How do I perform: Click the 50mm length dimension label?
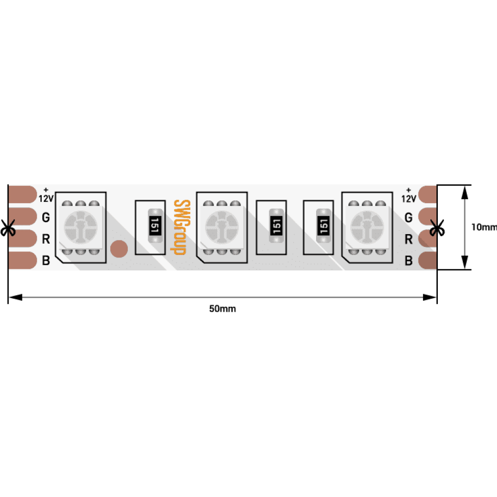tap(223, 309)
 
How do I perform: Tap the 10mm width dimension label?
tap(484, 227)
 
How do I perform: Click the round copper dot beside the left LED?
tap(119, 249)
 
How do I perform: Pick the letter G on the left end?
tap(46, 218)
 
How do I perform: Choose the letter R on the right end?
tap(409, 240)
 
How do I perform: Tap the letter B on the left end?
tap(46, 260)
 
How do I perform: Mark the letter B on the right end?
tap(409, 260)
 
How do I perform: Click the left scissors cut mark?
tap(7, 228)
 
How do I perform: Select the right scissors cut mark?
tap(437, 228)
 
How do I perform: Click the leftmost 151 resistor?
tap(155, 226)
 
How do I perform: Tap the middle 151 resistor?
tap(276, 226)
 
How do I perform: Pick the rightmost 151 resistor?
tap(324, 226)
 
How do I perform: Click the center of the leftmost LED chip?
tap(81, 227)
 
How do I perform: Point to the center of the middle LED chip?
tap(222, 227)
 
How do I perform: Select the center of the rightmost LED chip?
tap(367, 227)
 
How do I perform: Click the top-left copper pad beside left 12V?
tap(22, 194)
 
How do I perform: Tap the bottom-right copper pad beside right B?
tap(428, 260)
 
